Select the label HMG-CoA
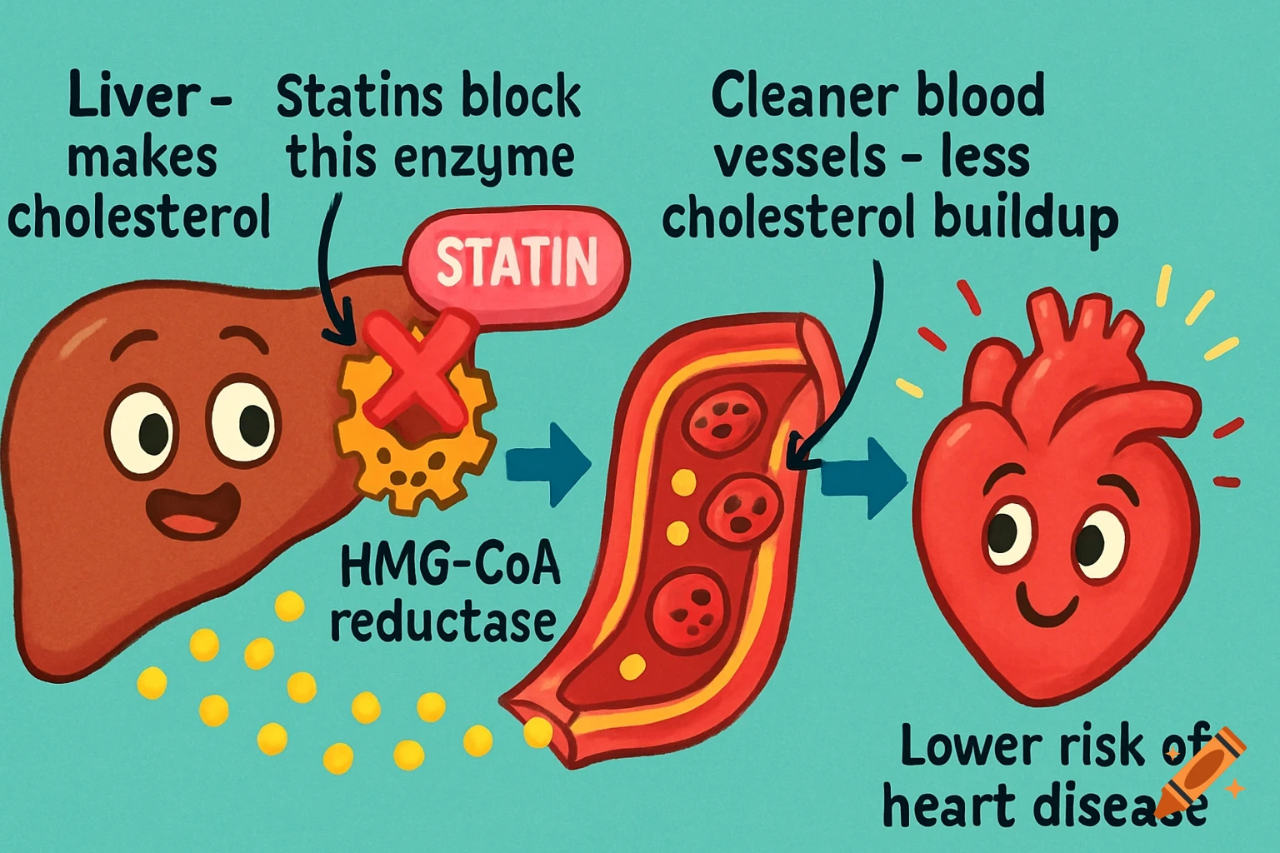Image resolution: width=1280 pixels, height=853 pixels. [x=450, y=566]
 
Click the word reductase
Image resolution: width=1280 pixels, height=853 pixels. [x=443, y=623]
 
